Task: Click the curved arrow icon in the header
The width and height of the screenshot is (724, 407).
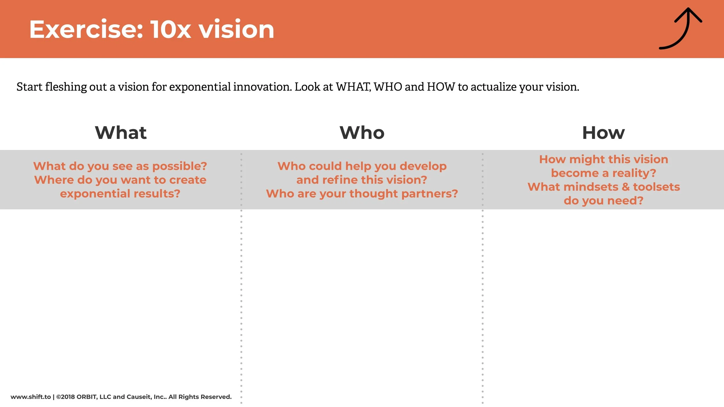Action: coord(683,29)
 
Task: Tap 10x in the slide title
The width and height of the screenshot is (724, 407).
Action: coord(171,30)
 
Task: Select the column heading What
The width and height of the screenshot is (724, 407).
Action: coord(121,133)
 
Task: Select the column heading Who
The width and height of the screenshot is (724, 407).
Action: coord(362,133)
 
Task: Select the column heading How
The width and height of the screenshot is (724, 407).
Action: coord(604,133)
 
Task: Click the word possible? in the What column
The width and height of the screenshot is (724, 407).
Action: coord(180,166)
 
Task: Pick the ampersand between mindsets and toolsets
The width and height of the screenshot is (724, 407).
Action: coord(626,187)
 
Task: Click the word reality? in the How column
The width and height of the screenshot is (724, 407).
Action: coord(634,173)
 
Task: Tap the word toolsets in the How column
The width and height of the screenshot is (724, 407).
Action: coord(657,187)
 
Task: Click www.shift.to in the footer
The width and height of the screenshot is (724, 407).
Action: coord(31,397)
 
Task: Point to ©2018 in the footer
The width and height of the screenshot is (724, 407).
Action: coord(65,397)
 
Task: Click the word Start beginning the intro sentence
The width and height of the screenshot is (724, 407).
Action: coord(29,87)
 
